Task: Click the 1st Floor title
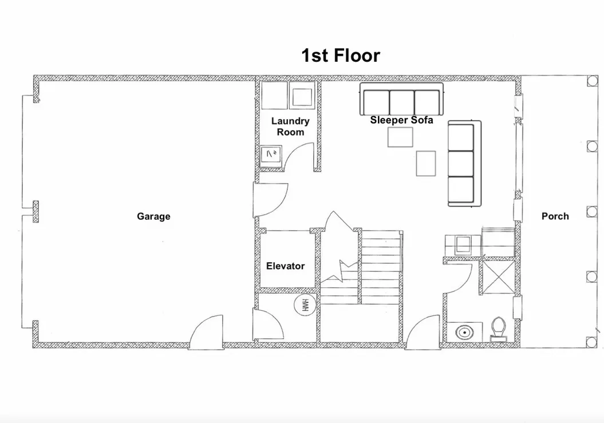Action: [341, 56]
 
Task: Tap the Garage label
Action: [153, 216]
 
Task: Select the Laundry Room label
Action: [290, 126]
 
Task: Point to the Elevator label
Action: [286, 266]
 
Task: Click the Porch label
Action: [555, 216]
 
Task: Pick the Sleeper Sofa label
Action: [401, 120]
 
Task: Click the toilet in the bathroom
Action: [499, 329]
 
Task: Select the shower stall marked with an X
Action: [498, 277]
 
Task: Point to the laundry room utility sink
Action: [271, 156]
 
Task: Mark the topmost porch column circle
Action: [591, 81]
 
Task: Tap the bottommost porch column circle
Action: [591, 341]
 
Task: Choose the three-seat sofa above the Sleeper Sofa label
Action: [401, 99]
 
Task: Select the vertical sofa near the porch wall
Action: [464, 164]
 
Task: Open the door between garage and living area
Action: [270, 200]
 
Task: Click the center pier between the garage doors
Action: [36, 212]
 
